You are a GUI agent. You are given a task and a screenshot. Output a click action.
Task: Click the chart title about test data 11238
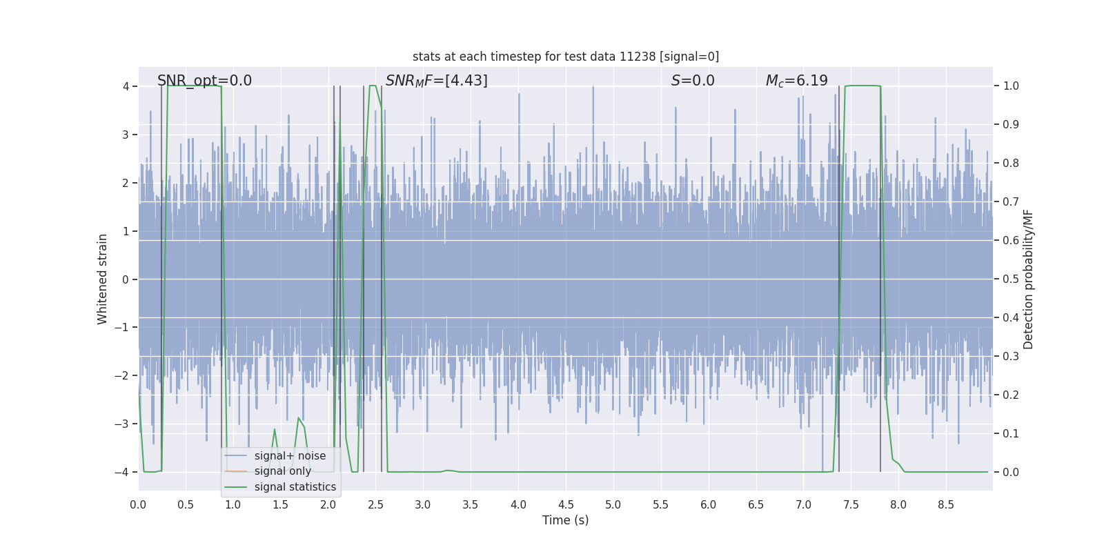point(566,57)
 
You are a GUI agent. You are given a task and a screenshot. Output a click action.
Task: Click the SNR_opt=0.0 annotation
point(204,81)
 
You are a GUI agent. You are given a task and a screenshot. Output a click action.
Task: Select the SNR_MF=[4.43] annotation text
point(436,81)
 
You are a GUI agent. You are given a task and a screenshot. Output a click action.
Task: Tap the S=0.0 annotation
point(693,81)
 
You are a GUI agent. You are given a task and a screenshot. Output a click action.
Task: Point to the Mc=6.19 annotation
point(796,81)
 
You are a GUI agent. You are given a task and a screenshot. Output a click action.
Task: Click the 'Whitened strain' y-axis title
point(103,279)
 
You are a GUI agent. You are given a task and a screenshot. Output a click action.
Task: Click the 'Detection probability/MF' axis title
point(1028,279)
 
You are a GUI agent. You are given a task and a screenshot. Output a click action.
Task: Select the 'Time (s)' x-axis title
point(565,520)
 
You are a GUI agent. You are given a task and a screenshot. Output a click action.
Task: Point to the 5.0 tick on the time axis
point(613,505)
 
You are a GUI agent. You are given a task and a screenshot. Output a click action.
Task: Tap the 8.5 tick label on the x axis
point(945,505)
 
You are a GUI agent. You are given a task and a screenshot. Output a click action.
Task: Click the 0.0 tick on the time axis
point(138,505)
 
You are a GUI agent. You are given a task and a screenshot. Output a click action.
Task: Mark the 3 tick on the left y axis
point(126,135)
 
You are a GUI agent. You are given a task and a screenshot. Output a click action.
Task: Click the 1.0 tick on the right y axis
point(1011,86)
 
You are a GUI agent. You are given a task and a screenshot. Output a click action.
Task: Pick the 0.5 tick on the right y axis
point(1011,279)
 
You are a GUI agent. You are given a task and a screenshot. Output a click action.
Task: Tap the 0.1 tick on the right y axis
point(1011,434)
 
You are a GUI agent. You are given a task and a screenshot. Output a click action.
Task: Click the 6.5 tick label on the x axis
point(756,505)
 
